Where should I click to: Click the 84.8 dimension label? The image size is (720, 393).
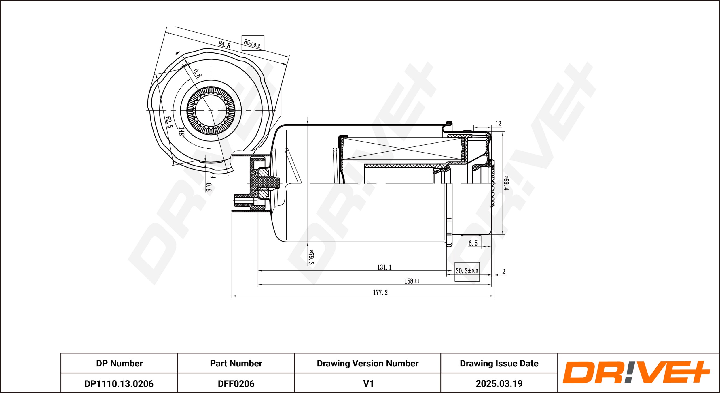pyautogui.click(x=224, y=44)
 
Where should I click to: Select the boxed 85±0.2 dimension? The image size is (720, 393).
pyautogui.click(x=252, y=43)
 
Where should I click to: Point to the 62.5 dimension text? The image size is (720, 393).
pyautogui.click(x=169, y=122)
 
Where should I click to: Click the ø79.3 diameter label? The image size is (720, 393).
pyautogui.click(x=311, y=257)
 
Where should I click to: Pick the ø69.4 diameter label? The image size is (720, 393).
pyautogui.click(x=506, y=183)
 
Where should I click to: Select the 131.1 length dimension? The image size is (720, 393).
pyautogui.click(x=384, y=267)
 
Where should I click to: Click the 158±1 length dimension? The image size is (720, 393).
pyautogui.click(x=412, y=281)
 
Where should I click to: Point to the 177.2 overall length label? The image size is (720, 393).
pyautogui.click(x=380, y=293)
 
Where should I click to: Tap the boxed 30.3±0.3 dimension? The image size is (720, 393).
pyautogui.click(x=467, y=271)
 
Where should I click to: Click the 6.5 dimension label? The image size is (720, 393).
pyautogui.click(x=473, y=243)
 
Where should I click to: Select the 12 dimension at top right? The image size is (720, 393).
pyautogui.click(x=498, y=124)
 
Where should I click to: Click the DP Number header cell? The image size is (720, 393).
pyautogui.click(x=119, y=363)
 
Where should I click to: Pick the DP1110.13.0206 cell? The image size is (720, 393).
pyautogui.click(x=119, y=384)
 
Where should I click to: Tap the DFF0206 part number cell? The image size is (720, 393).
pyautogui.click(x=236, y=384)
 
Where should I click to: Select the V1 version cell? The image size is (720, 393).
pyautogui.click(x=368, y=384)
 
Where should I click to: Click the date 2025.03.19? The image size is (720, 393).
pyautogui.click(x=499, y=384)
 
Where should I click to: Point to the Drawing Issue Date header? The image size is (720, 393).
pyautogui.click(x=499, y=363)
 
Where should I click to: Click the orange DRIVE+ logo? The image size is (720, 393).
pyautogui.click(x=636, y=372)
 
